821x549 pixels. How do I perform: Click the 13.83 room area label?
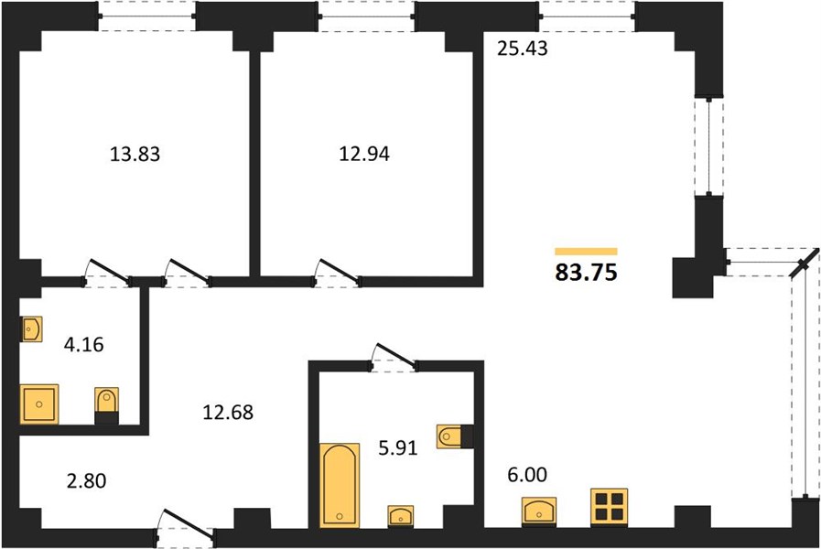[x=135, y=155]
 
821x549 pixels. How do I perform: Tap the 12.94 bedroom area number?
[x=364, y=155]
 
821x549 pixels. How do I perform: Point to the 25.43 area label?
[x=522, y=48]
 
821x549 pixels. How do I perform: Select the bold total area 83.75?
[x=587, y=273]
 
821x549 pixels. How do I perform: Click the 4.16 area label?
[x=84, y=345]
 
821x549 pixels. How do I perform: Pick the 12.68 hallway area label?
[x=228, y=413]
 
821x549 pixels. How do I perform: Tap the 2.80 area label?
[x=86, y=480]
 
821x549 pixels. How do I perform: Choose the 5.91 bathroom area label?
[x=398, y=448]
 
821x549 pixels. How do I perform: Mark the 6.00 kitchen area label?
[x=527, y=475]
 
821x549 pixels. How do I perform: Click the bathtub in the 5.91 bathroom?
[x=340, y=485]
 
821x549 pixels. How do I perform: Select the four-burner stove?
[x=609, y=507]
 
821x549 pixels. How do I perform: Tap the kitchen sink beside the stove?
[x=539, y=511]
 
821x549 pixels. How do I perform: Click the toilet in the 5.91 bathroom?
[x=455, y=436]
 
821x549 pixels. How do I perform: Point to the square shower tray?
[x=39, y=404]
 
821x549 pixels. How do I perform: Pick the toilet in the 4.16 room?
[x=107, y=405]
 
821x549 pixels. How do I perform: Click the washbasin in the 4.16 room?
[x=31, y=329]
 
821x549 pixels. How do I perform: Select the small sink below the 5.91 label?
[x=401, y=516]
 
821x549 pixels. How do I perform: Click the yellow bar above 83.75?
[x=587, y=252]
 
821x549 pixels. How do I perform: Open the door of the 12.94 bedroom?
[x=337, y=274]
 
